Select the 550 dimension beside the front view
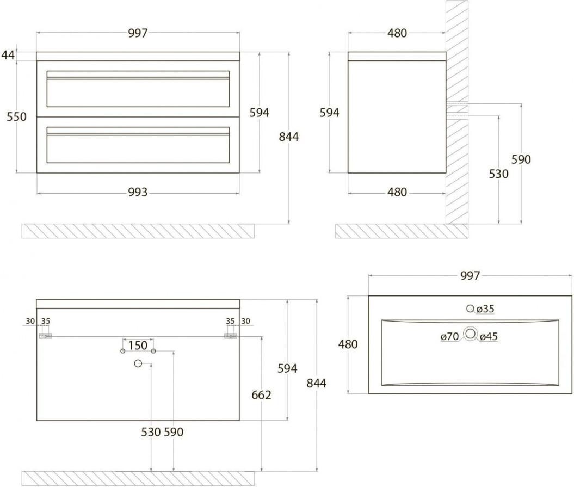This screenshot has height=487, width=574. coord(16,116)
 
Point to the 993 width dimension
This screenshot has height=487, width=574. coord(138,192)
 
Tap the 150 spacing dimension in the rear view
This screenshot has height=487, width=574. coord(138,345)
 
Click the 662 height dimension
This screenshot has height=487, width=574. coord(261,394)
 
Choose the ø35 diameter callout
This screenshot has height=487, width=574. coord(485,309)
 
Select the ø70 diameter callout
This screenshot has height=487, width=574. coord(449,337)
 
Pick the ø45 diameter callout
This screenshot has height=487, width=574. coord(489,337)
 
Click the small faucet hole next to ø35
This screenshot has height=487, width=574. coord(470,309)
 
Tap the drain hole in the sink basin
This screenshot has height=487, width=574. coord(470,333)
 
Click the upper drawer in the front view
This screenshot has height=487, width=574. coord(138,89)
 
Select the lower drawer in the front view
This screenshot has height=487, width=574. coord(138,145)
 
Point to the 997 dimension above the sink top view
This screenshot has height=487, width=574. coord(470,276)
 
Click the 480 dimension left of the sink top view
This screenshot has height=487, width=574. coord(348,344)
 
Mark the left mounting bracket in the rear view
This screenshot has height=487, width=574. coord(45,336)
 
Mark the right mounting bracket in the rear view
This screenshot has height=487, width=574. coord(231,336)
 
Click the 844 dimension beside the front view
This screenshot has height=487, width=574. coord(289,137)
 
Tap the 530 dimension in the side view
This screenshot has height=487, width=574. coord(498,174)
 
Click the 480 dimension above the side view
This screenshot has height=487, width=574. coord(397,33)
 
